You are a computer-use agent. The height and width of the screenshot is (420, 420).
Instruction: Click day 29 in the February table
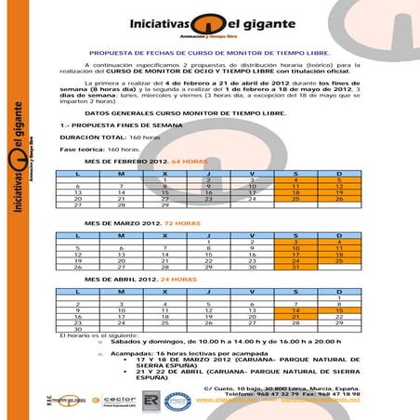[164, 205]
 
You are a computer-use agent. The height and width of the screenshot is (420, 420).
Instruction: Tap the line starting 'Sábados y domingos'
[223, 342]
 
